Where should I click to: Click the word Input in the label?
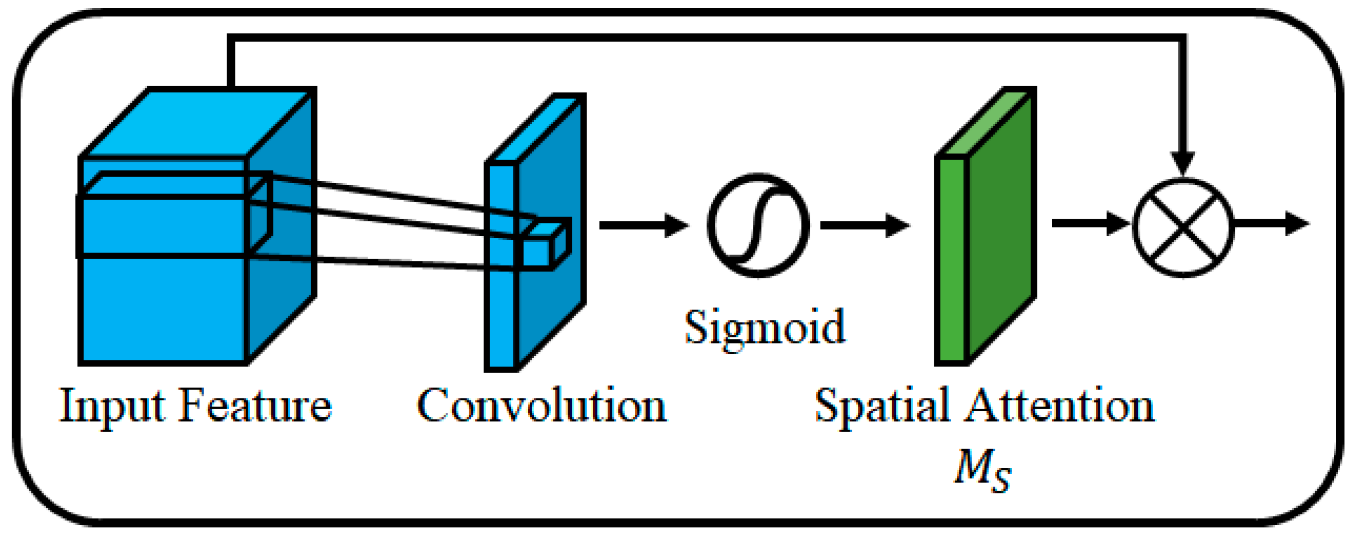click(x=112, y=407)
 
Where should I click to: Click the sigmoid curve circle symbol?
click(x=758, y=225)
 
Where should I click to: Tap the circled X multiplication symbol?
click(x=1183, y=227)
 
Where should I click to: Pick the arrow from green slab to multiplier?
click(x=1089, y=223)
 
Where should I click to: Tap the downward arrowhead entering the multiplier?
click(x=1183, y=162)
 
